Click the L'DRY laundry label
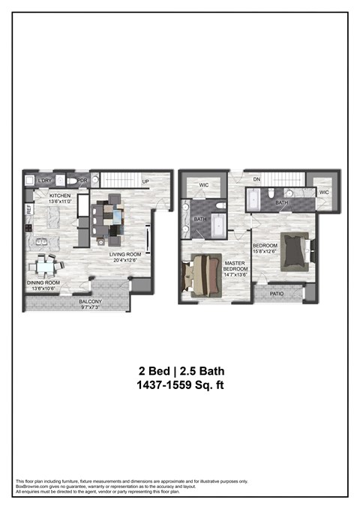[x=45, y=181]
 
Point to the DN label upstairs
[x=255, y=179]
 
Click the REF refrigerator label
[x=29, y=210]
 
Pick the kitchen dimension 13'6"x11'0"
[x=59, y=201]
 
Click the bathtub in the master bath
[x=217, y=225]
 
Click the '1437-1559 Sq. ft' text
[x=181, y=385]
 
